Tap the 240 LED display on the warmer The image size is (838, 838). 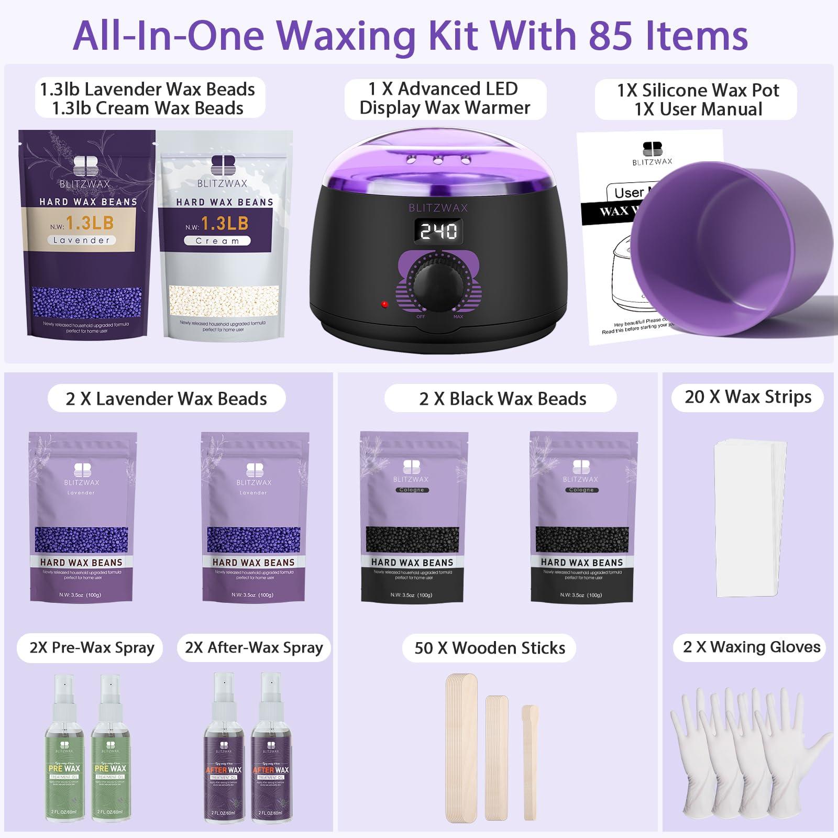[438, 231]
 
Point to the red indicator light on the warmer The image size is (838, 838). [384, 304]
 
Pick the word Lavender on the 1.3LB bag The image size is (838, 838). [81, 240]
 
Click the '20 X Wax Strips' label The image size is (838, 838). [748, 397]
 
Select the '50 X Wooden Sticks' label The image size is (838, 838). [489, 648]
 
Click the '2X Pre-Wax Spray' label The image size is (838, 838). [92, 648]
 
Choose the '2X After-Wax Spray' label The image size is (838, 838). [253, 648]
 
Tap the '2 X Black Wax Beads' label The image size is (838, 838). [502, 399]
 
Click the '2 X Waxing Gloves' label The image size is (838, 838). [751, 647]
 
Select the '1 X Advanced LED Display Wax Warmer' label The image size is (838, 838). [445, 98]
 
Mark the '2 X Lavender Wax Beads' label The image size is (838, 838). [166, 399]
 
